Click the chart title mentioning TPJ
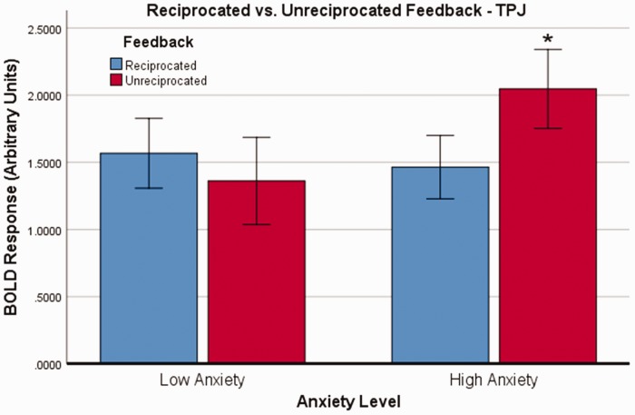pyautogui.click(x=337, y=11)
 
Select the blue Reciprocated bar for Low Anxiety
pyautogui.click(x=149, y=258)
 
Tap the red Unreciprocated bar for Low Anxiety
pyautogui.click(x=257, y=272)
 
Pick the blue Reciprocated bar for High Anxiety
pyautogui.click(x=440, y=264)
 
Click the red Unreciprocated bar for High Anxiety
pyautogui.click(x=548, y=225)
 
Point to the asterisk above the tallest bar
pyautogui.click(x=548, y=39)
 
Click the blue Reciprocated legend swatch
pyautogui.click(x=116, y=64)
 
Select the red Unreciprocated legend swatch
pyautogui.click(x=116, y=80)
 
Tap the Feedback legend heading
pyautogui.click(x=159, y=42)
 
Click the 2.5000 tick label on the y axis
pyautogui.click(x=44, y=30)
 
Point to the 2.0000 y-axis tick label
pyautogui.click(x=44, y=97)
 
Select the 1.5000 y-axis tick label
pyautogui.click(x=44, y=164)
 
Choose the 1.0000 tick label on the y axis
pyautogui.click(x=44, y=231)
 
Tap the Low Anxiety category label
pyautogui.click(x=202, y=380)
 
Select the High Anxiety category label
pyautogui.click(x=493, y=380)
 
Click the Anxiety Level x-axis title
pyautogui.click(x=348, y=402)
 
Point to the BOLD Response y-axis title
pyautogui.click(x=11, y=187)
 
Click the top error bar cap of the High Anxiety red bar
pyautogui.click(x=548, y=49)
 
